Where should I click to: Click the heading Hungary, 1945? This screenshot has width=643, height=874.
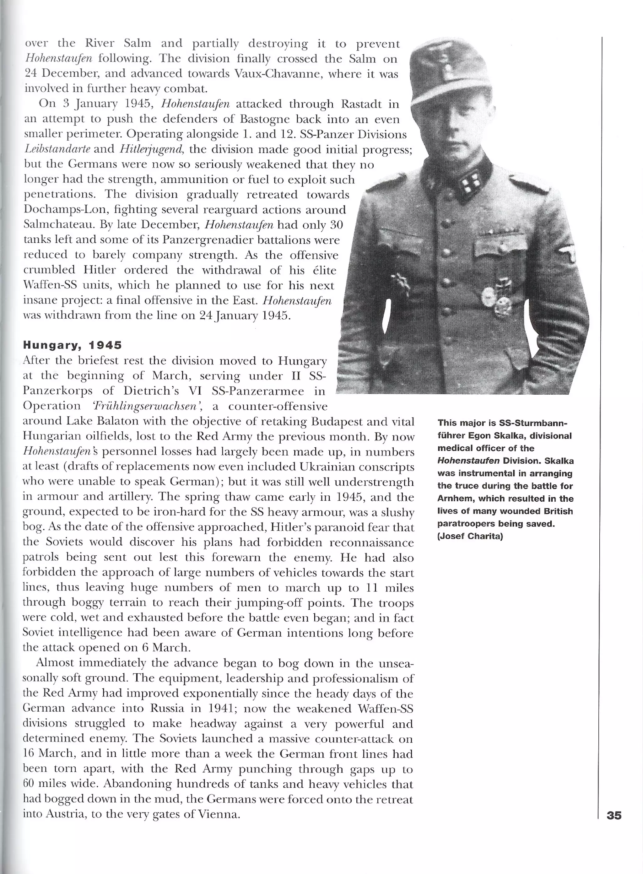click(73, 345)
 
